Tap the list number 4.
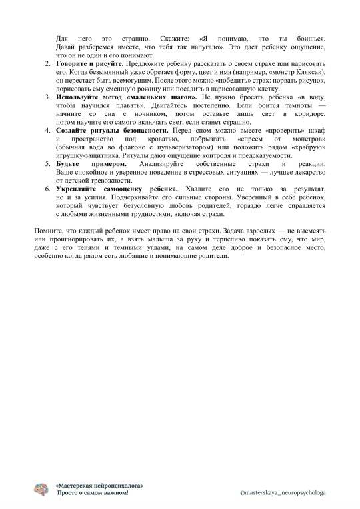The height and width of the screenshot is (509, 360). click(x=47, y=132)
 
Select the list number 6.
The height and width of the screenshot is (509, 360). click(x=47, y=190)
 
